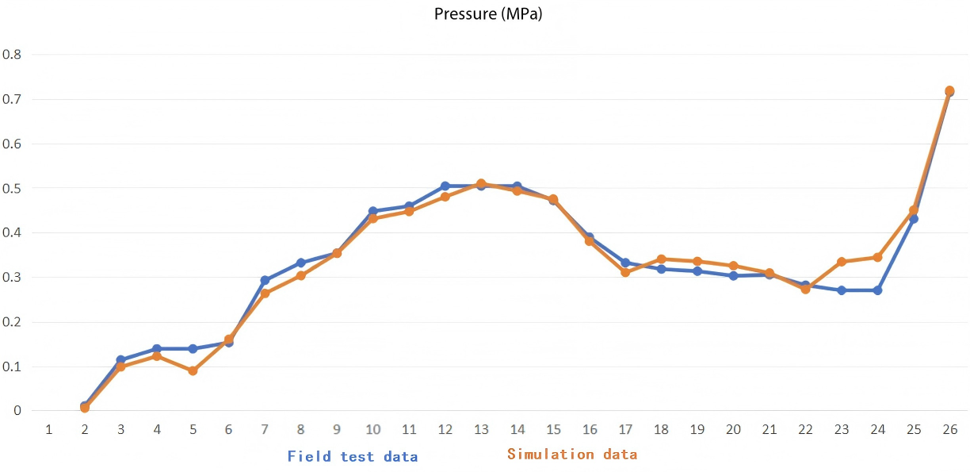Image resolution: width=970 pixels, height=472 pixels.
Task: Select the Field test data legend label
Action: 352,456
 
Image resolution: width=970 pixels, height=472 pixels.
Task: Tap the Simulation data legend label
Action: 572,455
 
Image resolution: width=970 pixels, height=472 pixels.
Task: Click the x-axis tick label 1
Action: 49,429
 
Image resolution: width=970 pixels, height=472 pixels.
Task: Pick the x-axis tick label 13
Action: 481,429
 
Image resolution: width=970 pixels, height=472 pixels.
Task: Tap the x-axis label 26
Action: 949,429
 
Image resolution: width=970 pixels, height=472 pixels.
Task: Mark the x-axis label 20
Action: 733,429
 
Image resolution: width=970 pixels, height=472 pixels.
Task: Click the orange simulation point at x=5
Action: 193,370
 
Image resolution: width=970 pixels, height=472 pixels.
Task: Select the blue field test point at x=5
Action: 193,348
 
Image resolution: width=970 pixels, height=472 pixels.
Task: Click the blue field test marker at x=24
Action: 877,290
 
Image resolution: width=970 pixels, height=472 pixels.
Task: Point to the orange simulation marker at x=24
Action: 877,257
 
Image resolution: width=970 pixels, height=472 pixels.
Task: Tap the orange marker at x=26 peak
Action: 949,90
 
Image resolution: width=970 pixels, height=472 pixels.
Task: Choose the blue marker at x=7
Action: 265,280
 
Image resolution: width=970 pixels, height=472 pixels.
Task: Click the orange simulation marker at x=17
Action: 625,272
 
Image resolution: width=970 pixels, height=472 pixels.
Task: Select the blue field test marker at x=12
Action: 445,186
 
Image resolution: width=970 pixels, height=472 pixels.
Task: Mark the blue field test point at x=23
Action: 842,290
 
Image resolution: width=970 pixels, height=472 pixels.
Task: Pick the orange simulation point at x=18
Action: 661,259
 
